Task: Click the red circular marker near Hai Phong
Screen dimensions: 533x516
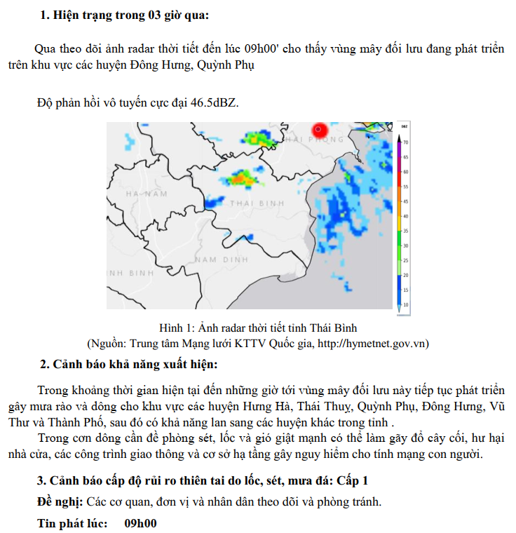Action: click(x=320, y=130)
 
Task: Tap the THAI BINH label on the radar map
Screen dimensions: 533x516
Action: click(x=257, y=203)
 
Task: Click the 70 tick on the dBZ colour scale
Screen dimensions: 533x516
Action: click(x=405, y=142)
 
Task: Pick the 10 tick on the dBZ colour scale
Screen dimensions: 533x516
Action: click(x=405, y=305)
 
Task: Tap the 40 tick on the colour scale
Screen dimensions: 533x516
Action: click(x=405, y=216)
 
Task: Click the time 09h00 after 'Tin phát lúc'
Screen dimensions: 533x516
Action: click(x=140, y=524)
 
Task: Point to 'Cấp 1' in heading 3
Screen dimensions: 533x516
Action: click(x=353, y=480)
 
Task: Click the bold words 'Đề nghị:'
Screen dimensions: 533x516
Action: click(x=60, y=502)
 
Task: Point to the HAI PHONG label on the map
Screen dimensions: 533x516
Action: click(x=313, y=140)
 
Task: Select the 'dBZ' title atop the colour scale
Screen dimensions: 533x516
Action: click(x=405, y=127)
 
